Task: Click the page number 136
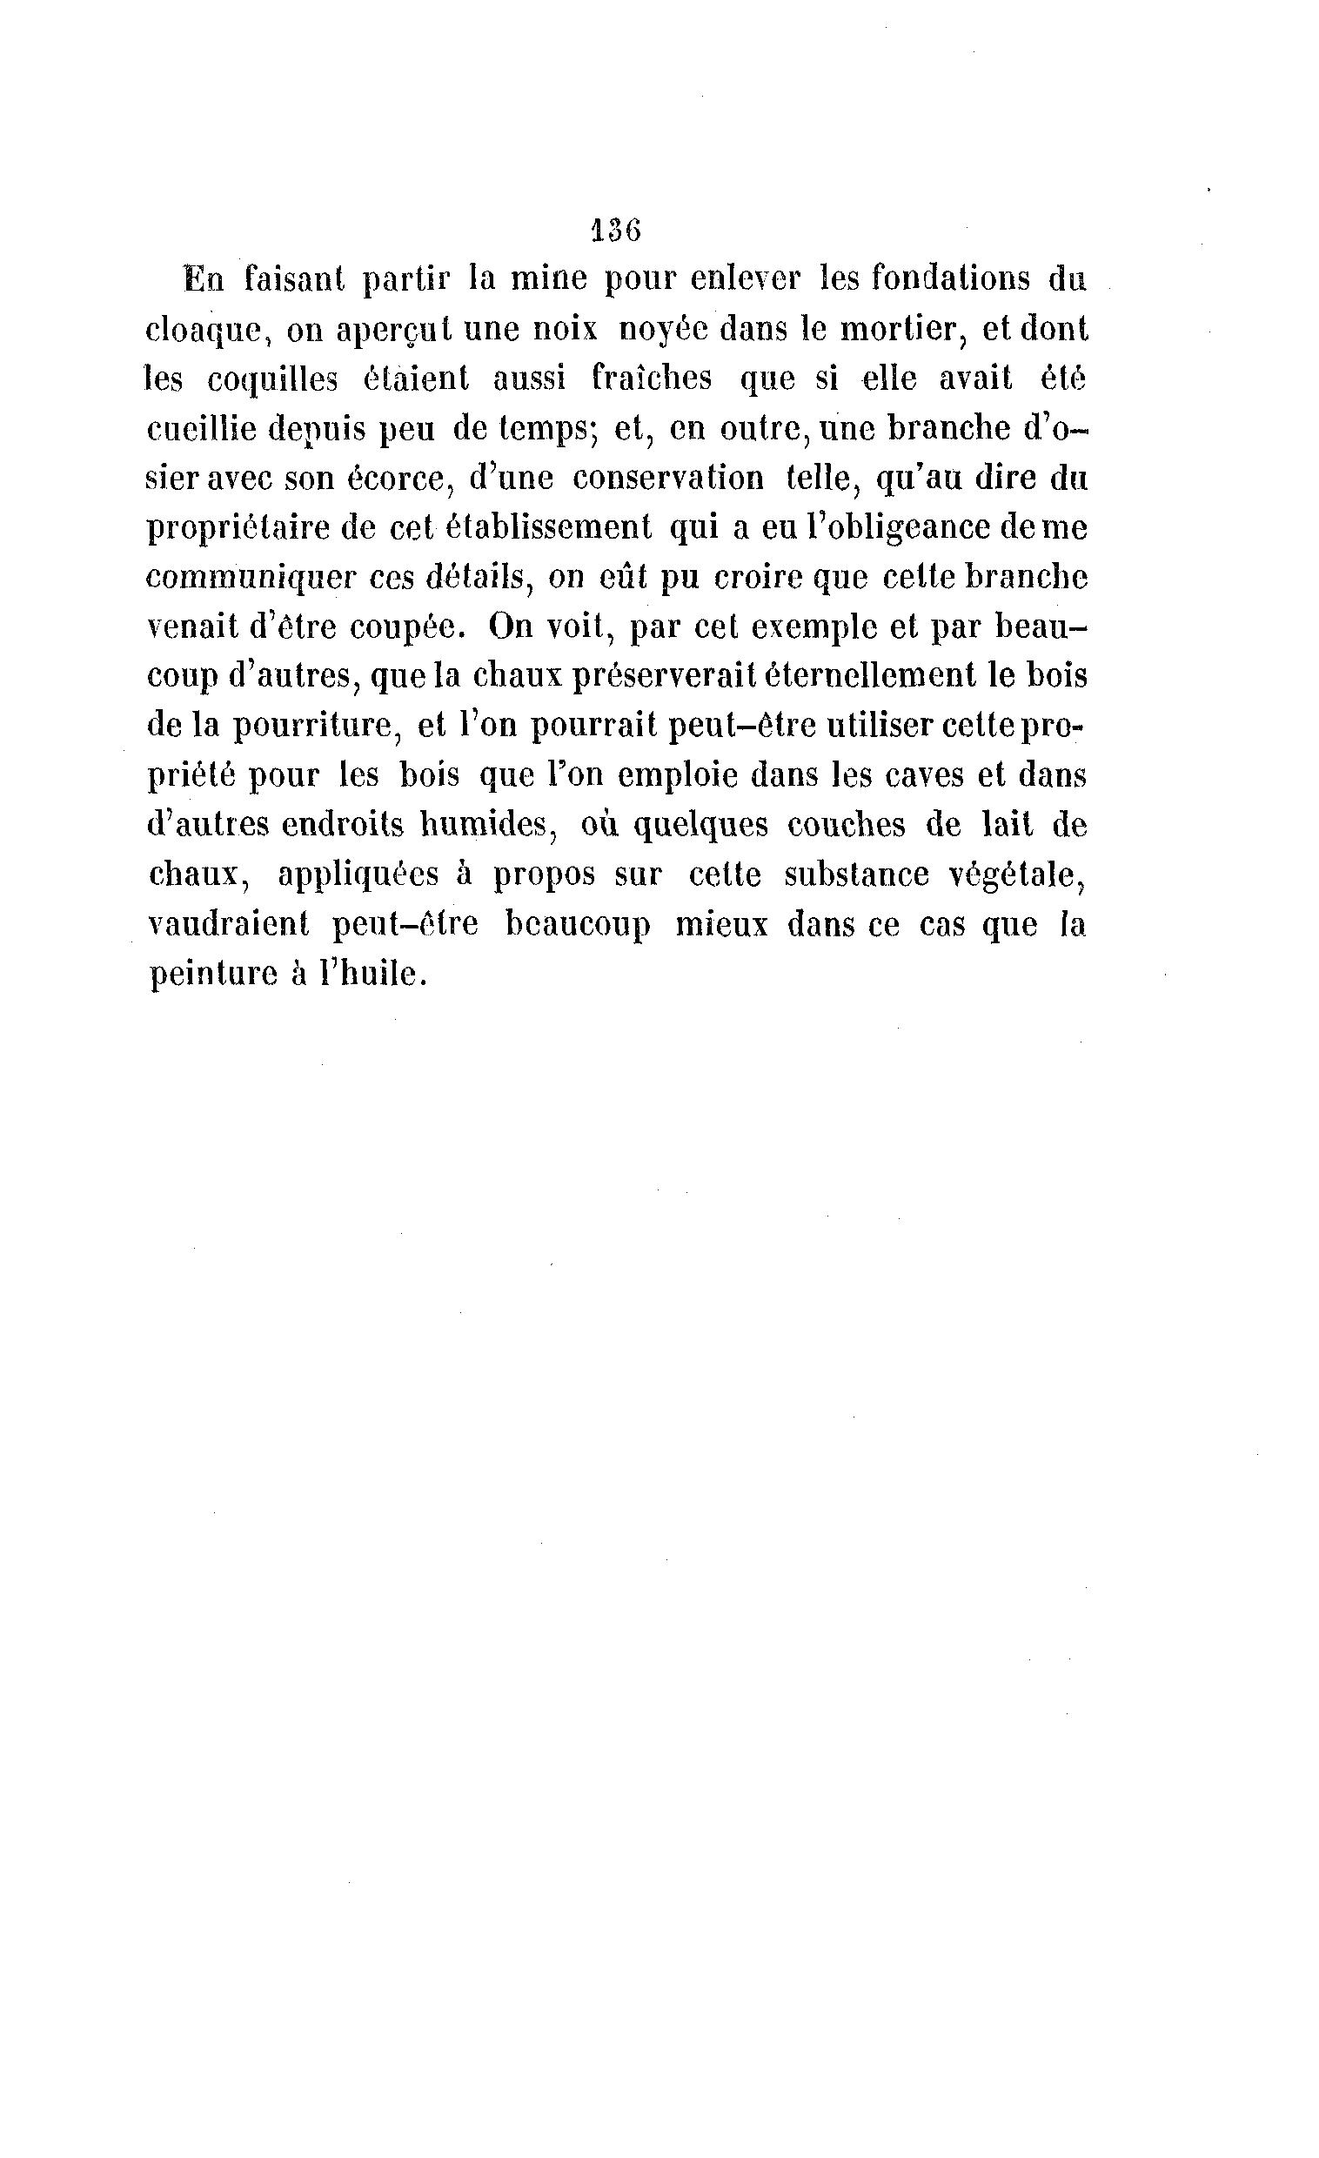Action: tap(617, 231)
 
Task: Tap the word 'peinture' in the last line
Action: tap(209, 975)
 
